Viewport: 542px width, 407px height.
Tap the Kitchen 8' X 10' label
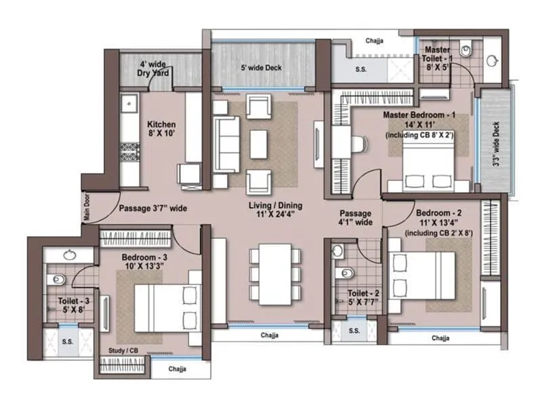coord(161,129)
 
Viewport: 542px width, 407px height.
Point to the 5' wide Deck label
coord(261,68)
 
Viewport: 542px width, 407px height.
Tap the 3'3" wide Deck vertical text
coord(496,144)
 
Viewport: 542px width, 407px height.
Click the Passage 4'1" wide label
coord(355,216)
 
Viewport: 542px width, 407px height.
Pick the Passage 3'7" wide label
coord(152,209)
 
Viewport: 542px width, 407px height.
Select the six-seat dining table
coord(274,275)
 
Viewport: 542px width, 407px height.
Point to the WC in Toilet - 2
coord(346,273)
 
